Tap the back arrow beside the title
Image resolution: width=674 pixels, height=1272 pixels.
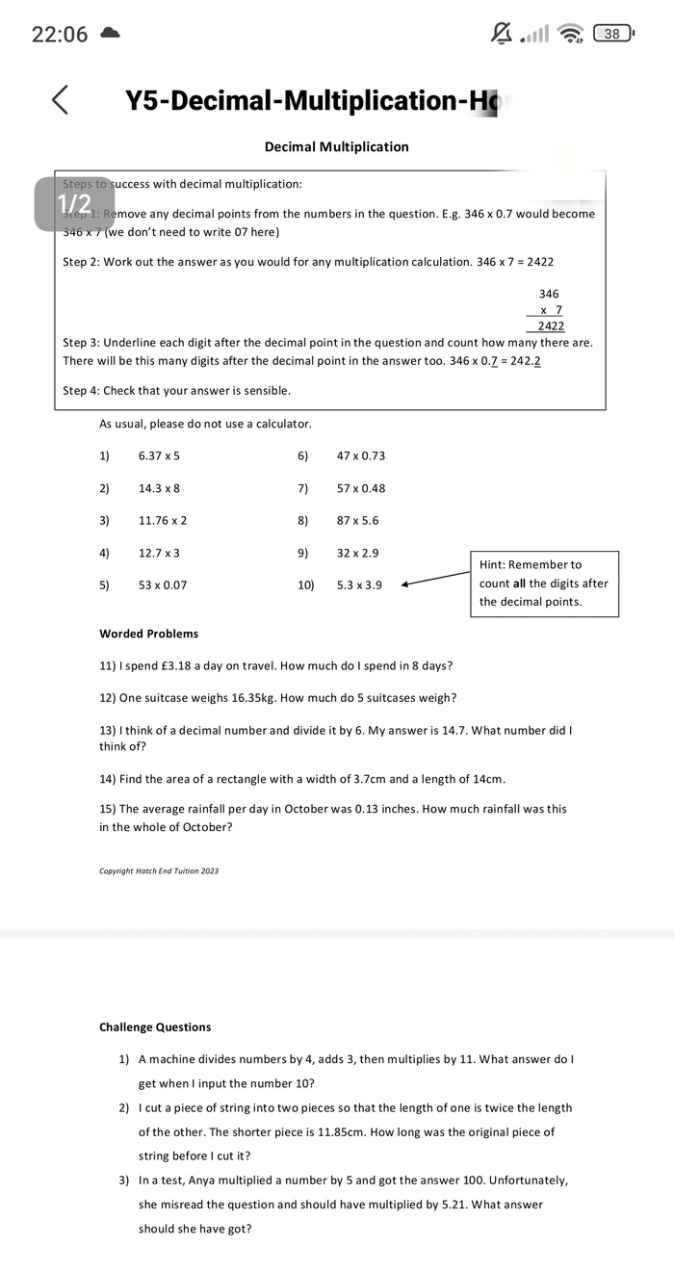pos(60,99)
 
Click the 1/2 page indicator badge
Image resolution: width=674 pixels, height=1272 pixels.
pos(74,203)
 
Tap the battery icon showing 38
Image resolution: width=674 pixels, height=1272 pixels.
pos(612,35)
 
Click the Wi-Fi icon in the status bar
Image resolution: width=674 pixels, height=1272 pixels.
pos(572,35)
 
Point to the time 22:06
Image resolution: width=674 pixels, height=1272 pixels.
pos(60,35)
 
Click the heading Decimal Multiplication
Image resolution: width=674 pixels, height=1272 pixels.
pos(336,147)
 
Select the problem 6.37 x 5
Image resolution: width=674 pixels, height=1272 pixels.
pos(159,455)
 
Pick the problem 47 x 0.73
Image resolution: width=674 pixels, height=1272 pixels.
pos(361,455)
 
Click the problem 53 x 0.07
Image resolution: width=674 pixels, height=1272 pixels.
pos(163,584)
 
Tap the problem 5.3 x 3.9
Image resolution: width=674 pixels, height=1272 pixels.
pos(359,584)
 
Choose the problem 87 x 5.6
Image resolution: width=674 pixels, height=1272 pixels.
pos(358,520)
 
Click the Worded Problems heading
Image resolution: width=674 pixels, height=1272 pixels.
pos(148,634)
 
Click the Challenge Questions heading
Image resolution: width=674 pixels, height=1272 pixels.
pos(155,1027)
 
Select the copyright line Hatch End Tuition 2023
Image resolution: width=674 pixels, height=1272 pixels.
pos(159,871)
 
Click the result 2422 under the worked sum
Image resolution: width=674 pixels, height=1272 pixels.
pos(551,326)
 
